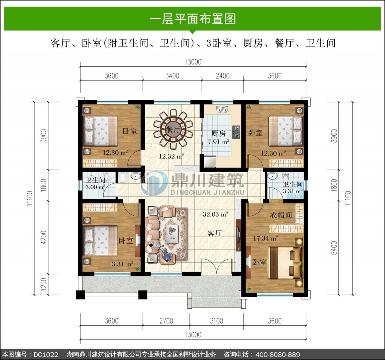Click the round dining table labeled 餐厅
point(174,129)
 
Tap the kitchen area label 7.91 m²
point(218,142)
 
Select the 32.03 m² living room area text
point(215,214)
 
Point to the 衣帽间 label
point(281,215)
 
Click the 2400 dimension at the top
point(223,76)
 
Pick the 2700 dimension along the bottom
point(166,321)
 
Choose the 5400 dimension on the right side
point(334,248)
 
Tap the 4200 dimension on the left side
point(44,237)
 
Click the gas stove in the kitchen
point(236,132)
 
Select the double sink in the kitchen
point(222,109)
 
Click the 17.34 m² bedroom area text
point(266,238)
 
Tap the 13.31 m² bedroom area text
point(121,264)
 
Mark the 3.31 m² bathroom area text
point(293,191)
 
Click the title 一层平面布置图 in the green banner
point(193,19)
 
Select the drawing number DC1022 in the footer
point(46,355)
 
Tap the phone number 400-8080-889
point(278,355)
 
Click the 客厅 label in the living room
point(214,233)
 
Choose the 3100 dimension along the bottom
point(217,321)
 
